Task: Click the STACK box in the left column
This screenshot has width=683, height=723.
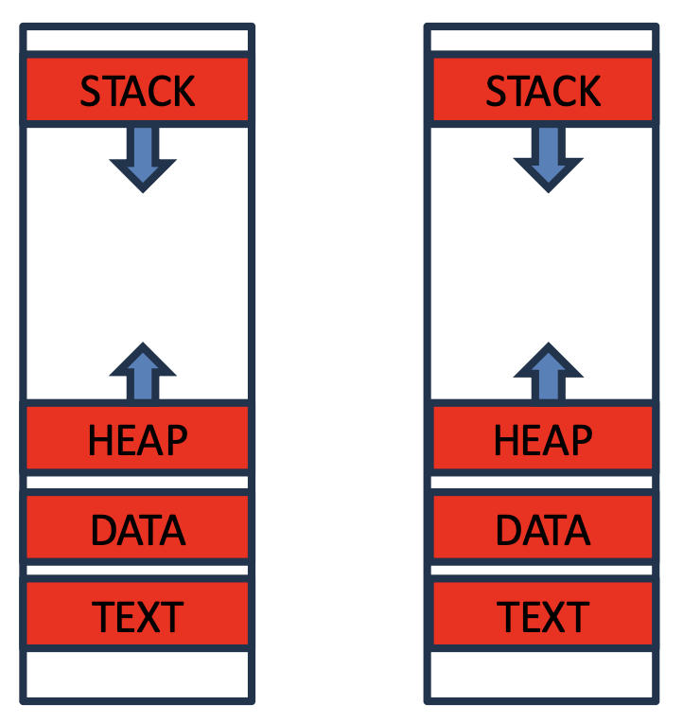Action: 137,91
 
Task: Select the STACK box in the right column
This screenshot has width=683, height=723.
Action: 543,91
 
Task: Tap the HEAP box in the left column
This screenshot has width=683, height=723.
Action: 137,438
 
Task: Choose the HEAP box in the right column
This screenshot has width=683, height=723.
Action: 543,438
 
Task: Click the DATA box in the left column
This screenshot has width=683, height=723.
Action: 137,528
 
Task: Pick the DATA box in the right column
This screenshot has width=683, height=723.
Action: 543,528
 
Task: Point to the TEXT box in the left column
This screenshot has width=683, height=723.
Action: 137,615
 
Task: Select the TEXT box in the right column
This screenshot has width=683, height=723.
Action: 543,615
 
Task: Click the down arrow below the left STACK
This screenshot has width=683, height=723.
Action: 142,157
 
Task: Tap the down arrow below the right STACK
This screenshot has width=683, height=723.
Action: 547,157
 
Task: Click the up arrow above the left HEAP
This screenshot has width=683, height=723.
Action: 142,373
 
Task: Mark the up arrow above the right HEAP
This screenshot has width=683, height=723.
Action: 547,373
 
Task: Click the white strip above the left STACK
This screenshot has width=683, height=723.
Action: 137,42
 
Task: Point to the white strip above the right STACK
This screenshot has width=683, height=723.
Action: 543,42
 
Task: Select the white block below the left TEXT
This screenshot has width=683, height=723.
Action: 137,674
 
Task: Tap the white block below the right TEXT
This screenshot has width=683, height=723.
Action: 543,674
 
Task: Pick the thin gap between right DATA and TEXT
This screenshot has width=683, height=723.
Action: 543,571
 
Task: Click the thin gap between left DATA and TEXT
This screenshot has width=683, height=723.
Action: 137,571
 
